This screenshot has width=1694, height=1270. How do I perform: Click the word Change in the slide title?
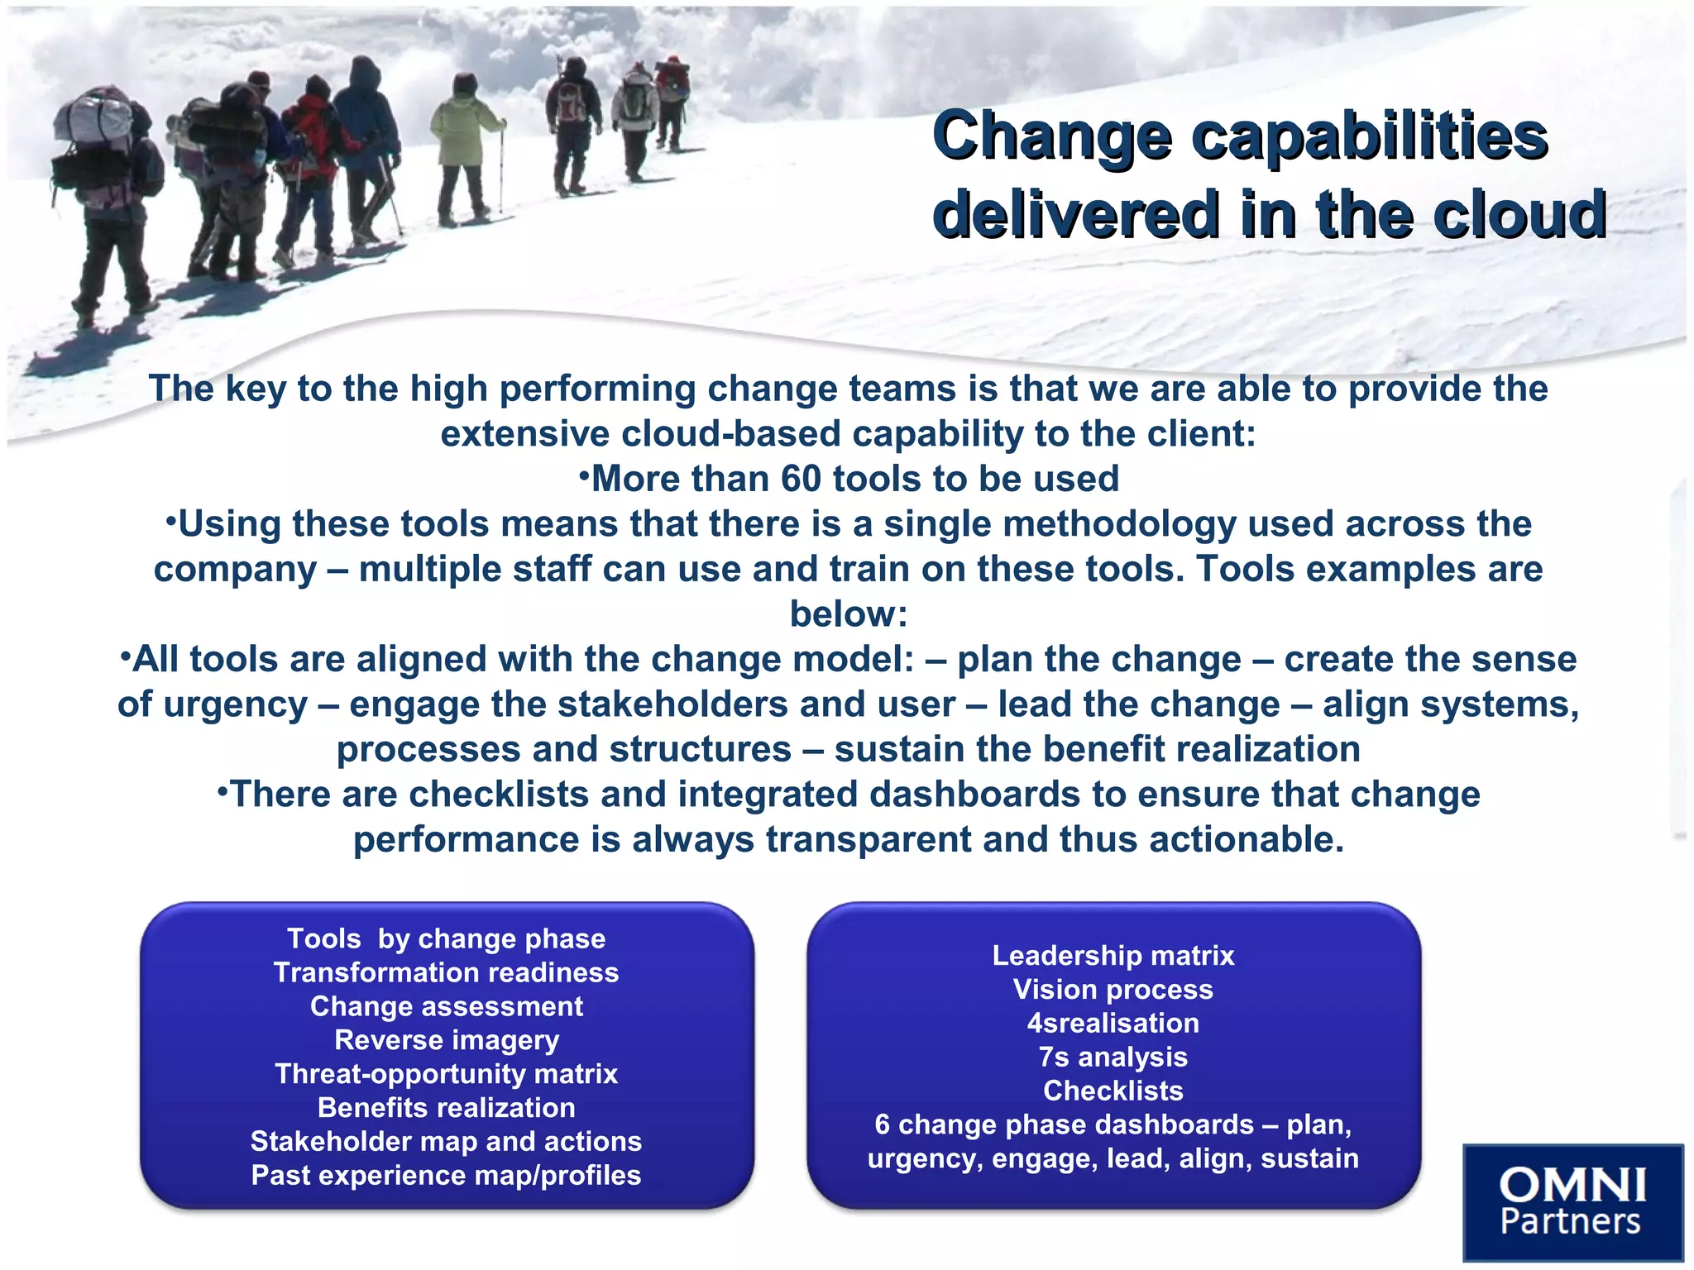(x=1051, y=137)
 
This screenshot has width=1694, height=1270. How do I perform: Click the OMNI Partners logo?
(x=1572, y=1202)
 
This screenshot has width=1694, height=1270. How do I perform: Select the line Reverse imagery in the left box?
(x=447, y=1040)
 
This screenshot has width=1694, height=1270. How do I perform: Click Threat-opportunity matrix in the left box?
(x=447, y=1074)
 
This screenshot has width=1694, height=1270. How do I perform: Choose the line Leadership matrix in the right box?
(x=1113, y=956)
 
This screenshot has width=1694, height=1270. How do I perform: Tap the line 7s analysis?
(x=1113, y=1057)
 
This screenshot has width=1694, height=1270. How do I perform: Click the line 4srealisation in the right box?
(x=1113, y=1023)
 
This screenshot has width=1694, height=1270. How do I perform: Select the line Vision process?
(x=1113, y=990)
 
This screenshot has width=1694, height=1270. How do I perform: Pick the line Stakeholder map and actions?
(x=447, y=1142)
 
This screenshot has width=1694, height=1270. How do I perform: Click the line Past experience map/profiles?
(x=447, y=1176)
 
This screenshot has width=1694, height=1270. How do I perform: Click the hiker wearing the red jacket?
(x=313, y=141)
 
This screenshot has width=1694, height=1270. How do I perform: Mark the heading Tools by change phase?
(x=447, y=939)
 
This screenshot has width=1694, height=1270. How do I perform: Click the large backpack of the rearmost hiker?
(x=91, y=132)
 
